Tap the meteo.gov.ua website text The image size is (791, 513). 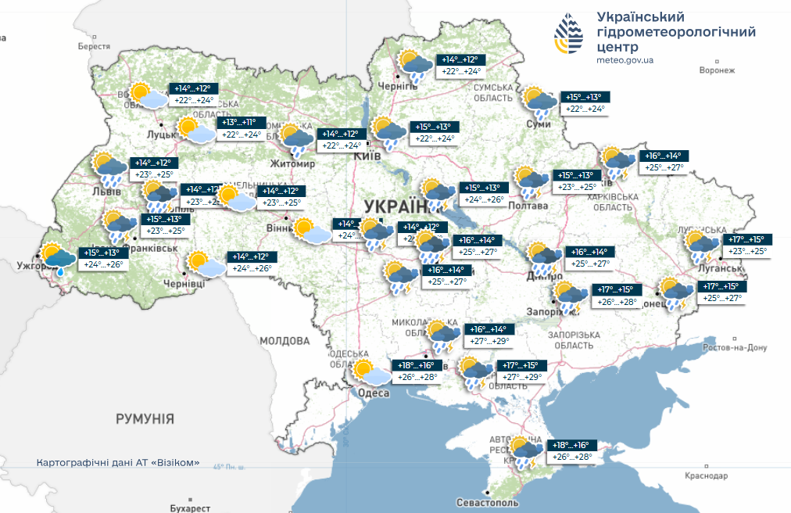point(625,60)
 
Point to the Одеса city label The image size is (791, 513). point(374,393)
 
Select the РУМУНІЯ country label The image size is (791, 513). point(145,418)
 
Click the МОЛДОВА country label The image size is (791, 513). point(285,341)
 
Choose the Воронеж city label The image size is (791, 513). point(718,70)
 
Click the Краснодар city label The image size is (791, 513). point(704,475)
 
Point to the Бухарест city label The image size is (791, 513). point(191,508)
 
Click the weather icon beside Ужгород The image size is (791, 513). point(59,258)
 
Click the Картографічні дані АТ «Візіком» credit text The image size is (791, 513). point(113,463)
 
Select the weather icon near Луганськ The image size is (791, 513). point(703,245)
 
